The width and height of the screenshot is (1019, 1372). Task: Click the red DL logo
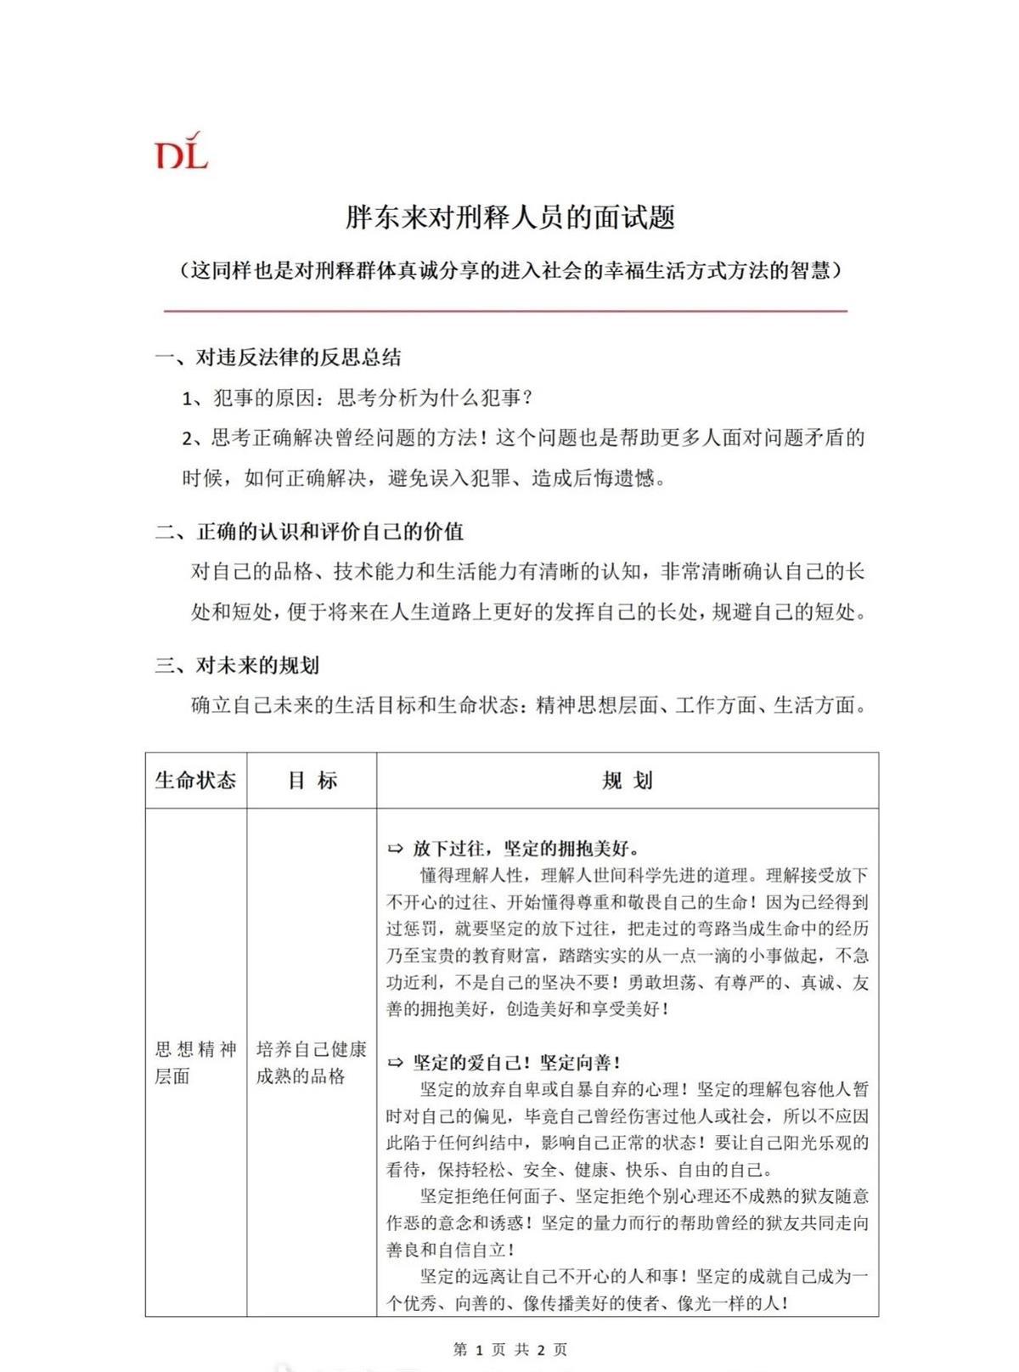(x=181, y=151)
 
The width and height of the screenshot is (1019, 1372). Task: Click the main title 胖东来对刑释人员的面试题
(x=509, y=217)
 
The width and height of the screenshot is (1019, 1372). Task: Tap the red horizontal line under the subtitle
(x=506, y=311)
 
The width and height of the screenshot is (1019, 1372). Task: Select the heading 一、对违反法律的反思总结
(x=278, y=358)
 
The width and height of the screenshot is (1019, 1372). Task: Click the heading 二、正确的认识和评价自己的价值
(x=309, y=532)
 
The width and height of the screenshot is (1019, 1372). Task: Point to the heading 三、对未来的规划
(x=237, y=665)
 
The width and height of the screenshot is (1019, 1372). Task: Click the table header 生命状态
(x=195, y=780)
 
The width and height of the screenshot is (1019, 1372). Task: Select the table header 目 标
(x=312, y=780)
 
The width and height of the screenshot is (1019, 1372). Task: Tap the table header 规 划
(x=627, y=780)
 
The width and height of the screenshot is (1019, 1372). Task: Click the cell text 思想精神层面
(x=195, y=1063)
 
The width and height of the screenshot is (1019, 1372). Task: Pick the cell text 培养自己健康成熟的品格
(x=311, y=1063)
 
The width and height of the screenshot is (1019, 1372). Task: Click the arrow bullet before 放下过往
(x=396, y=849)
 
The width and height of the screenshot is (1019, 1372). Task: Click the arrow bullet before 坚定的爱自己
(x=396, y=1063)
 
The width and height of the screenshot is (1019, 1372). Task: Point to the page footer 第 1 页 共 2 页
(x=510, y=1349)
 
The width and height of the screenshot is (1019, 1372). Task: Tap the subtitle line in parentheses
(x=509, y=270)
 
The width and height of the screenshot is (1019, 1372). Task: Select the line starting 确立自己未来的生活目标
(x=528, y=705)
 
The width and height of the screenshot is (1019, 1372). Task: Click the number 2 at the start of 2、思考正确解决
(x=188, y=438)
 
